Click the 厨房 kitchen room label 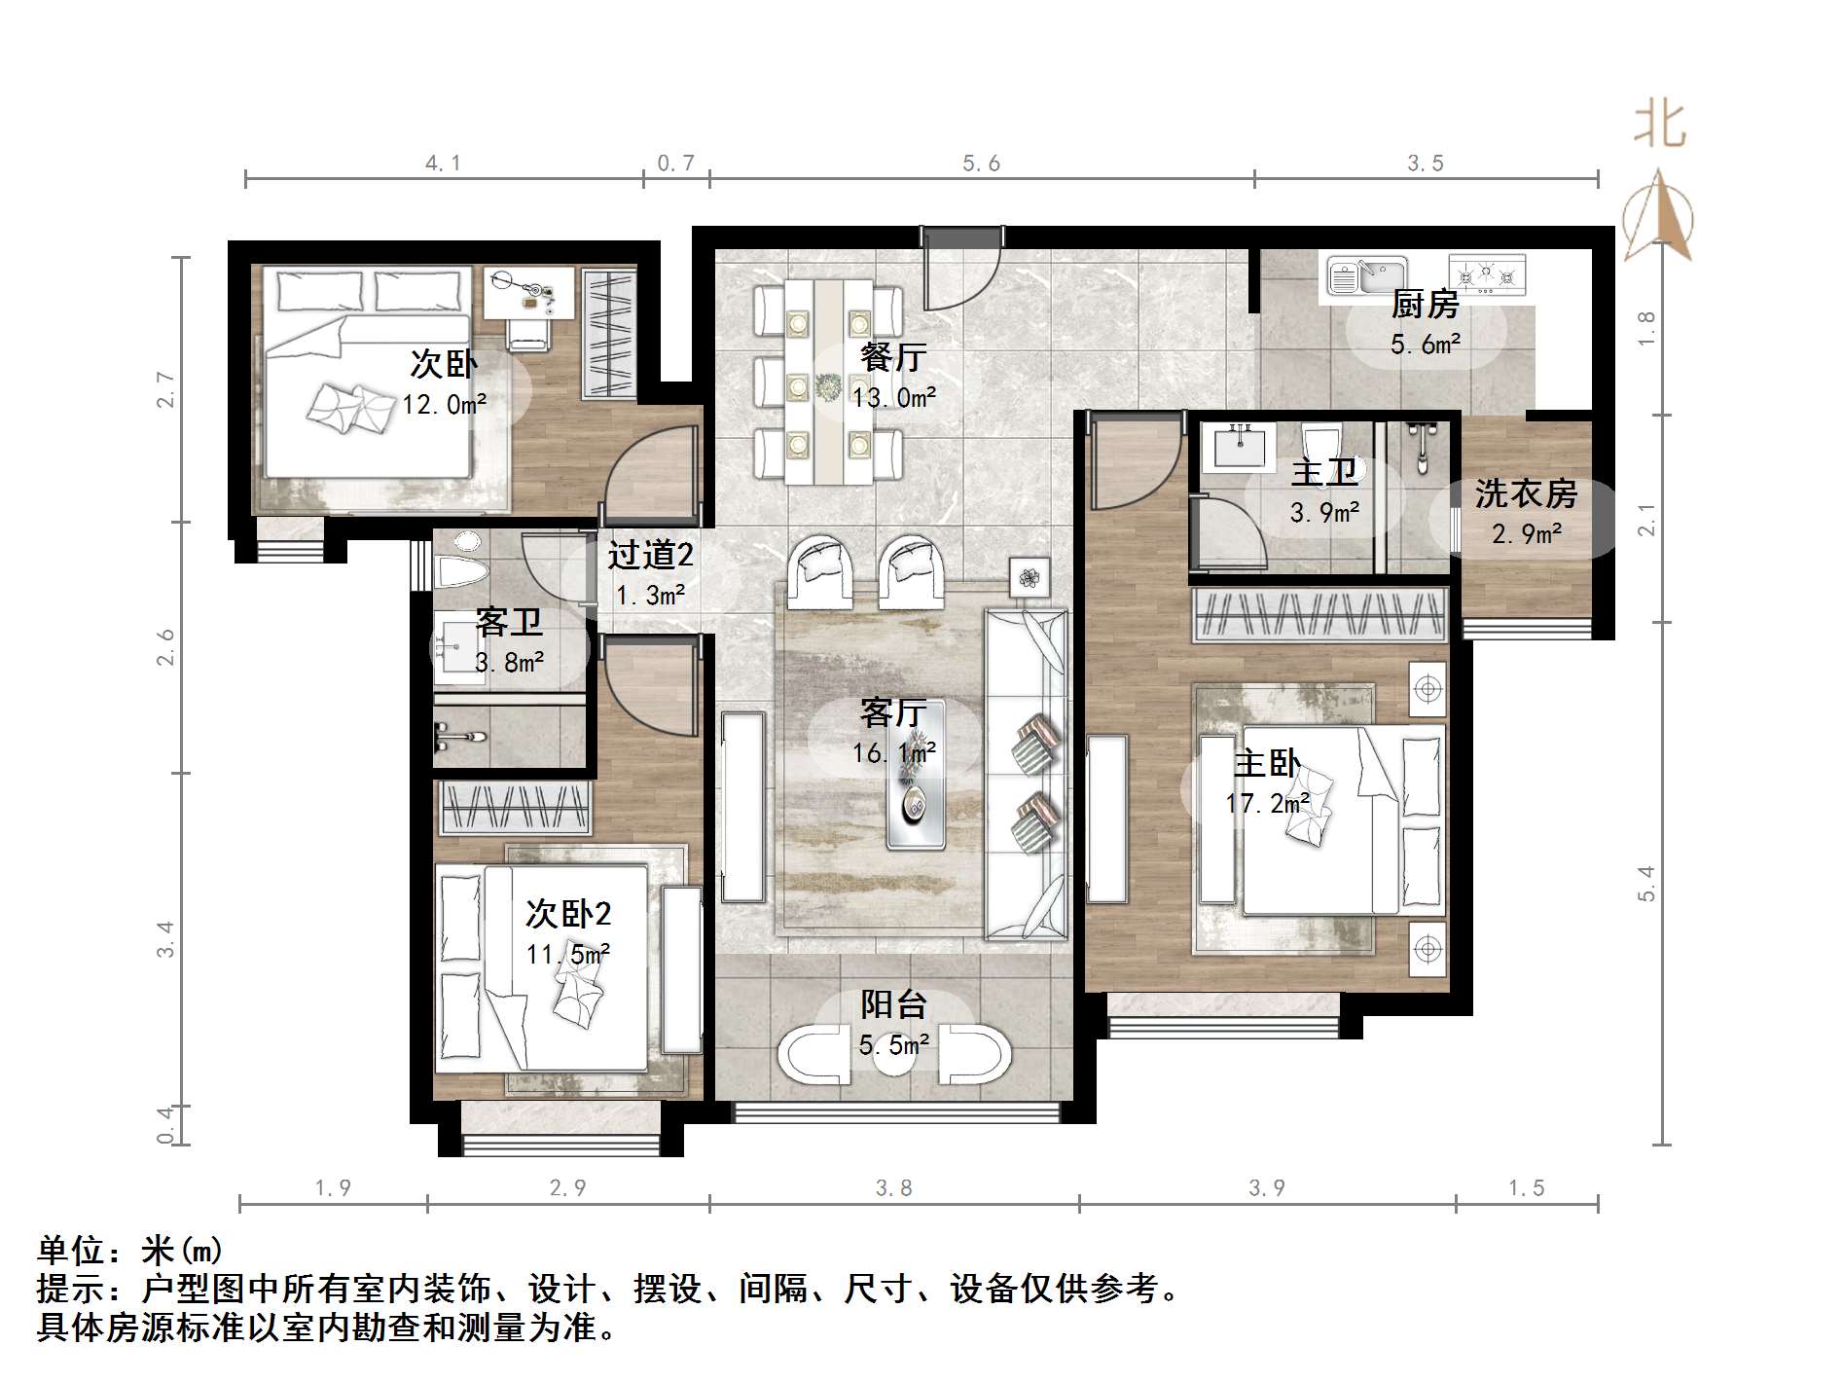[1425, 305]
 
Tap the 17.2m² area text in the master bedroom [1267, 803]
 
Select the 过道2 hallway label [650, 555]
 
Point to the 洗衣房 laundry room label [1525, 493]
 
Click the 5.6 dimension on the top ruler [981, 164]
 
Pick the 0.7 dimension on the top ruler [675, 164]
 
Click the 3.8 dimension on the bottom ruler [893, 1187]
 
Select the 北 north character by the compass [1660, 125]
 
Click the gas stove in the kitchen [1486, 273]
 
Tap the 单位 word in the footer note [71, 1250]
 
